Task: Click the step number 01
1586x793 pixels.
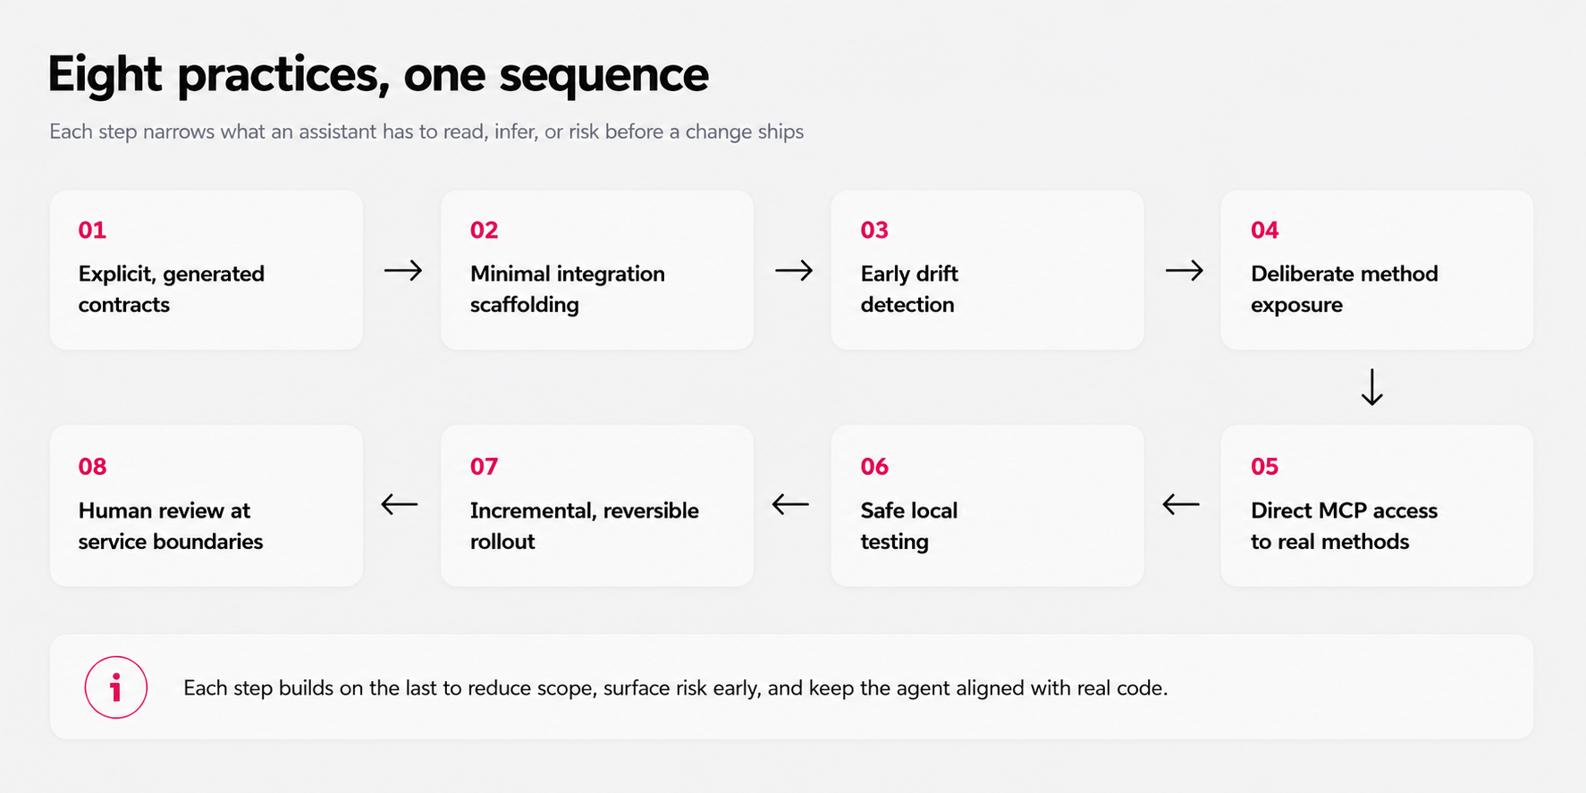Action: click(92, 230)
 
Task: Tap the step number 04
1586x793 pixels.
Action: click(1264, 230)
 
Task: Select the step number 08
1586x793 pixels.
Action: click(92, 467)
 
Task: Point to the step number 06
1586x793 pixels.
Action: click(874, 467)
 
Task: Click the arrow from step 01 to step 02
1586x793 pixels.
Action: click(403, 270)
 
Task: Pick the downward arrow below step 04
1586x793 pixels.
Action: click(1371, 387)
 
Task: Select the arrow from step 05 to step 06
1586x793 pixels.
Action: click(1181, 504)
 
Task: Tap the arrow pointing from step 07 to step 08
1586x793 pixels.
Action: click(400, 504)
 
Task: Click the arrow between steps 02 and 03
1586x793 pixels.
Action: click(794, 270)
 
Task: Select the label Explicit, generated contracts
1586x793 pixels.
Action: click(171, 289)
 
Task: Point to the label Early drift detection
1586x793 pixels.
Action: click(908, 289)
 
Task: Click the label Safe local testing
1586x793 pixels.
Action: click(908, 526)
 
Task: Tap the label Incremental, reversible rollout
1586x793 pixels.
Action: click(584, 526)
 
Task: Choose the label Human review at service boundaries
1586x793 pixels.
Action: click(170, 526)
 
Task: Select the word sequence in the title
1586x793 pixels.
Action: click(603, 76)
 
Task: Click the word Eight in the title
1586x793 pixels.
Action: click(105, 74)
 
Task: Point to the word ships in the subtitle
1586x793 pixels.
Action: click(780, 132)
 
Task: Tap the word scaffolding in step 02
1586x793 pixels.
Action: click(524, 305)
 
